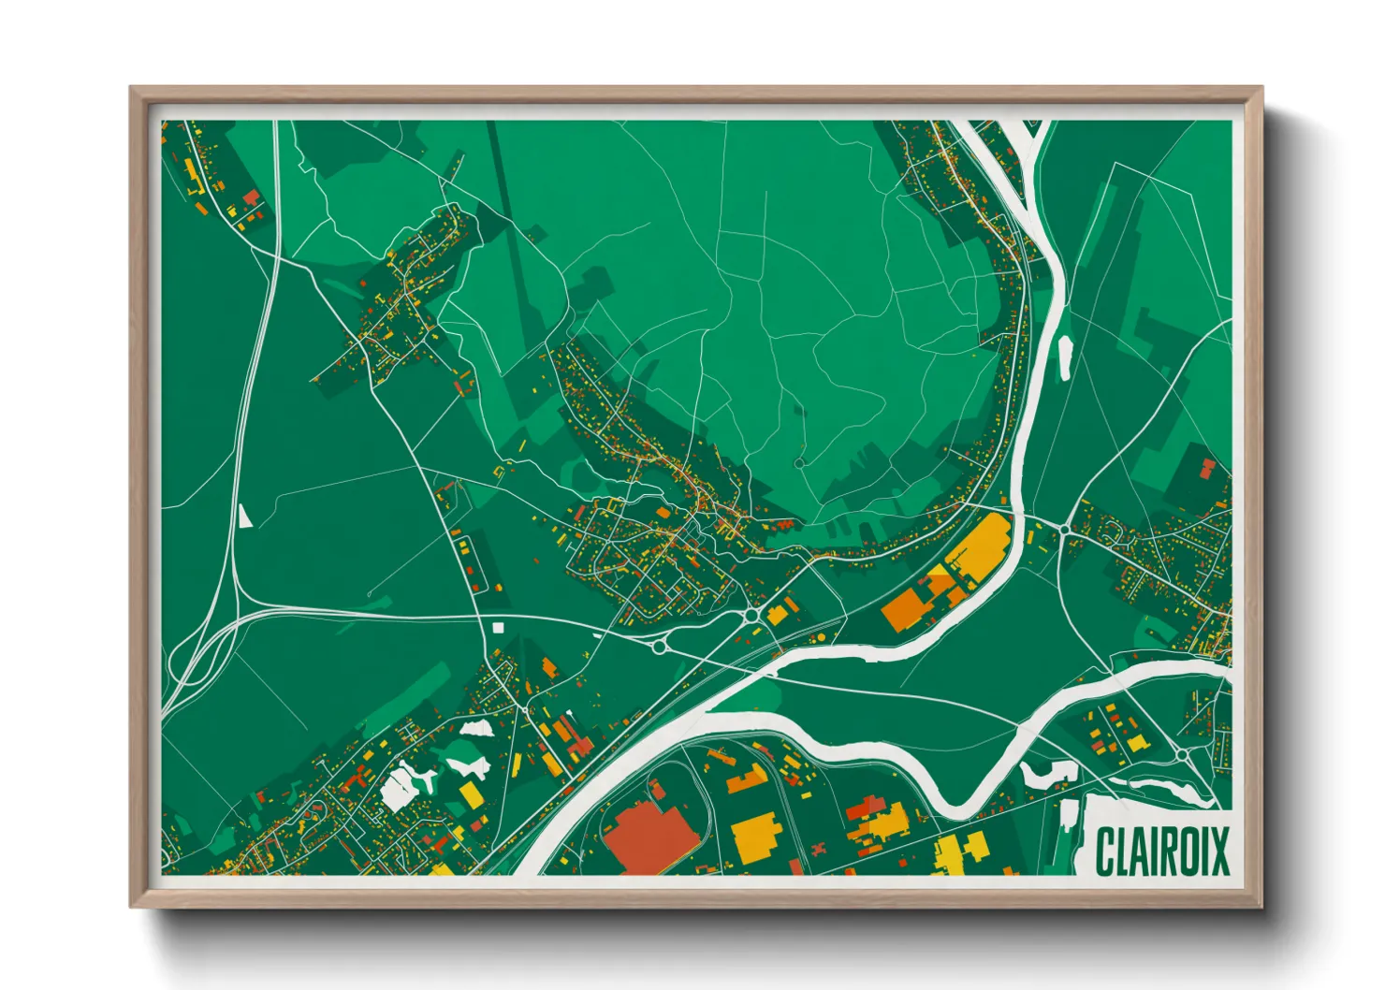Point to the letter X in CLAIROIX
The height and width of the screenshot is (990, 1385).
(1218, 851)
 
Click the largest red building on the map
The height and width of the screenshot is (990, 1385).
(649, 836)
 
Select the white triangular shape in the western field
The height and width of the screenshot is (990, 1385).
(245, 516)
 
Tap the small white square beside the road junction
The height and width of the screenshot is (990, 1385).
(498, 627)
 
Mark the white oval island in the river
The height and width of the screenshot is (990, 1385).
(1065, 357)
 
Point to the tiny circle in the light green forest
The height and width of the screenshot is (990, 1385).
(798, 462)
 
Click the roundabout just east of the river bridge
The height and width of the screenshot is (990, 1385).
(1066, 529)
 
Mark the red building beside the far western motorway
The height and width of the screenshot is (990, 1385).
(251, 197)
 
